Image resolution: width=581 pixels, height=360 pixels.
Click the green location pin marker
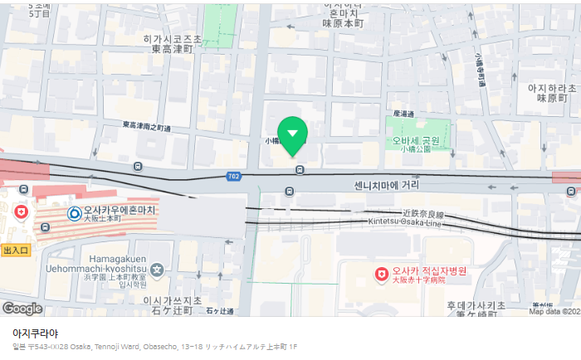[x=292, y=134]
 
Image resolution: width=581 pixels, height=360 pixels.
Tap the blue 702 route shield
[x=235, y=176]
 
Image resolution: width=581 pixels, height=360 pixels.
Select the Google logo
[x=22, y=309]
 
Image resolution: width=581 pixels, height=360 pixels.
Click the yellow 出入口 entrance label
[x=16, y=250]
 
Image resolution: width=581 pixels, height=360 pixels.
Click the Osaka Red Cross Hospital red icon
[x=381, y=273]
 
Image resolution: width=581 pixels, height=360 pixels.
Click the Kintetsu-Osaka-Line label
[x=403, y=225]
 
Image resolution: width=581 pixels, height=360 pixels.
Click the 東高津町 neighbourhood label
[x=172, y=49]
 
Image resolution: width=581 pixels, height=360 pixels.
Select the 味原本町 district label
[x=344, y=24]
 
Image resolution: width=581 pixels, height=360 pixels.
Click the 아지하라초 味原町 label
[x=551, y=92]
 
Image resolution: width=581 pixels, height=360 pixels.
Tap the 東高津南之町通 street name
[x=146, y=126]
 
